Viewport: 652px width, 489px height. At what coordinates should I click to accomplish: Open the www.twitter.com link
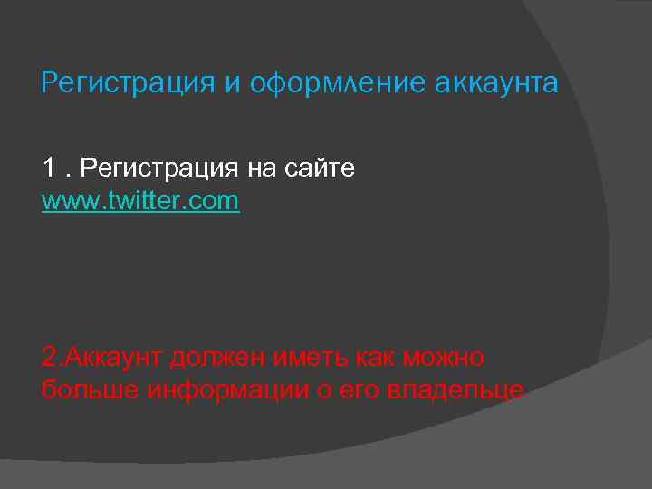point(140,200)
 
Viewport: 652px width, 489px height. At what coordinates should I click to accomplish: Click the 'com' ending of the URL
point(215,200)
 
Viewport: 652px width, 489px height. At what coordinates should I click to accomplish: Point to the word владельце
point(455,390)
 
